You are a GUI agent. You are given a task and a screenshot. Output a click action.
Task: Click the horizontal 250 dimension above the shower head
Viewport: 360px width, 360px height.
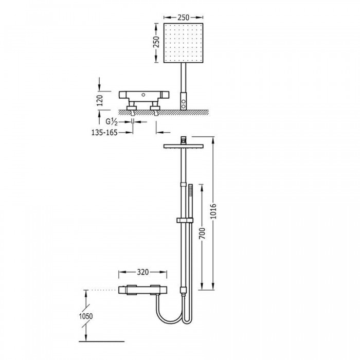tap(184, 17)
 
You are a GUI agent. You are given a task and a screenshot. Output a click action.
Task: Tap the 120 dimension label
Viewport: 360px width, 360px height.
tap(100, 101)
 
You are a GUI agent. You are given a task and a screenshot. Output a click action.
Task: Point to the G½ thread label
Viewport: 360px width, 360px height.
tap(112, 122)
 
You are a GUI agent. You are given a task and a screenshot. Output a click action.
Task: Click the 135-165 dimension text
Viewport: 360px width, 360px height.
tap(104, 133)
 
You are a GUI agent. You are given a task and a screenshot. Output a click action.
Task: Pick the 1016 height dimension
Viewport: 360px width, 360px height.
tap(213, 211)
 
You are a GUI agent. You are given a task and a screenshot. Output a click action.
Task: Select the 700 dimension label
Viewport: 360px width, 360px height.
tap(203, 233)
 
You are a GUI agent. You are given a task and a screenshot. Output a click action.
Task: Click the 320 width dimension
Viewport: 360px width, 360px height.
tap(143, 272)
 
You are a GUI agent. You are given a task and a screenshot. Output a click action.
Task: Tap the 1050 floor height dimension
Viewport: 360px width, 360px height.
tap(86, 316)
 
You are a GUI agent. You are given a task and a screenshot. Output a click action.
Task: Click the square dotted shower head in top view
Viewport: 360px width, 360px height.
tap(184, 43)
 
